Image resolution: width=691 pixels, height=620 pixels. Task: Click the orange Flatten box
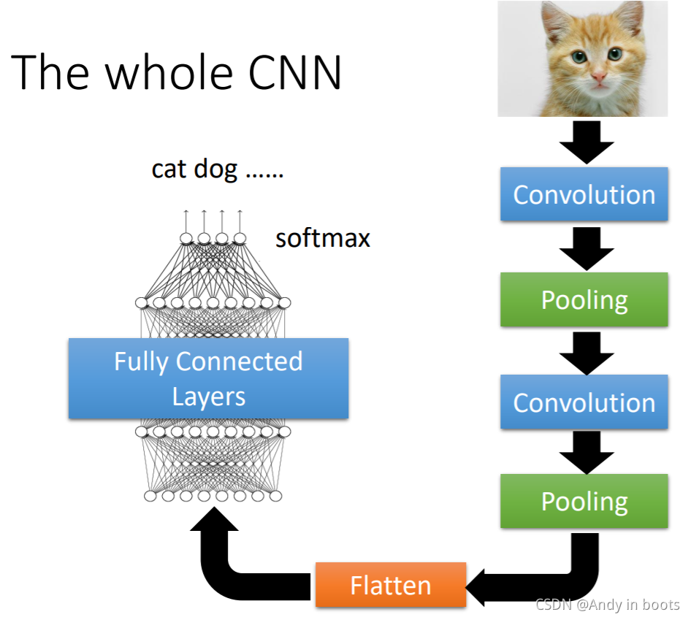tap(391, 584)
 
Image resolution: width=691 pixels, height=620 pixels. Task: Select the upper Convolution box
tap(584, 194)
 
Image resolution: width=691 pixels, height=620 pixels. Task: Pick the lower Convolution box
tap(584, 402)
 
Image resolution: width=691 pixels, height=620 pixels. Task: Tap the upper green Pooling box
tap(584, 299)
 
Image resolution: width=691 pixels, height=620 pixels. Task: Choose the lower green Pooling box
tap(584, 501)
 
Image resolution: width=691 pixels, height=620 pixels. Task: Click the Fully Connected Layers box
tap(208, 378)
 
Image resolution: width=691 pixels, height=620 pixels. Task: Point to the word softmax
tap(322, 238)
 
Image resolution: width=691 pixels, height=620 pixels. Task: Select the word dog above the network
tap(216, 170)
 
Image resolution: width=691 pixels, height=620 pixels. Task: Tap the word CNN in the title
tap(291, 72)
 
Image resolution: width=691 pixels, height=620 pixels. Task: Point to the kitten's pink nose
tap(598, 75)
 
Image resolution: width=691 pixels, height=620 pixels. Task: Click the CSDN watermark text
tap(607, 605)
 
